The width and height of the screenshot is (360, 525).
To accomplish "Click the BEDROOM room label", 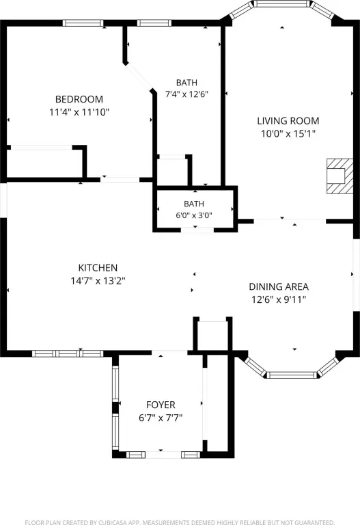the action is pos(79,99).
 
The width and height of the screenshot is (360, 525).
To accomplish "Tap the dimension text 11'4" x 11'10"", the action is pos(79,112).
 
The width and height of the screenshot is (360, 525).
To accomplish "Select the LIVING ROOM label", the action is pos(288,121).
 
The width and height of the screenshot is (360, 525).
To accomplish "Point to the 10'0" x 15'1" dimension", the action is pos(288,133).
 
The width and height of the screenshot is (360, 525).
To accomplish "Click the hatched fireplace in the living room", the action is pos(340,176).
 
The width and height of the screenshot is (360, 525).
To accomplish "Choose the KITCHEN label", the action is pos(98,268).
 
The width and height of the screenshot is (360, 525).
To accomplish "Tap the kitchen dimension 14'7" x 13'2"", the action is pos(98,280).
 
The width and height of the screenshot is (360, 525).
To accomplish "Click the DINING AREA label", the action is pos(279,286).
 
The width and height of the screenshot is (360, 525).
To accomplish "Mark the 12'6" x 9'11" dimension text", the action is pos(279,299).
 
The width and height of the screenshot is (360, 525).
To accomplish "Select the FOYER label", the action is pos(161,405).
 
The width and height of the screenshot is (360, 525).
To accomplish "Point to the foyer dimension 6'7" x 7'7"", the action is pos(161,418).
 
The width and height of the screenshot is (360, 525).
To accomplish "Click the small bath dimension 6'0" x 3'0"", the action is pos(194,215).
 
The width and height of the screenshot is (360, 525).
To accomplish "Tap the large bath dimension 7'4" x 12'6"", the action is pos(186,94).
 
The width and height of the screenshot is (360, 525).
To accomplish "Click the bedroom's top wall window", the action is pos(83,23).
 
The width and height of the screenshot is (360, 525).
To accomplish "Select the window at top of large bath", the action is pos(154,23).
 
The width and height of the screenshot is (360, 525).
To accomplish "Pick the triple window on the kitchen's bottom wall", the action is pos(68,353).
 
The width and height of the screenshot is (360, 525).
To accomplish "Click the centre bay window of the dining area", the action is pos(292,375).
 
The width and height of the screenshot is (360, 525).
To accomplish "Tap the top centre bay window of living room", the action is pos(281,3).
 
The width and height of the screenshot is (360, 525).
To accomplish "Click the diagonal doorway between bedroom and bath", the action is pos(138,77).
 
